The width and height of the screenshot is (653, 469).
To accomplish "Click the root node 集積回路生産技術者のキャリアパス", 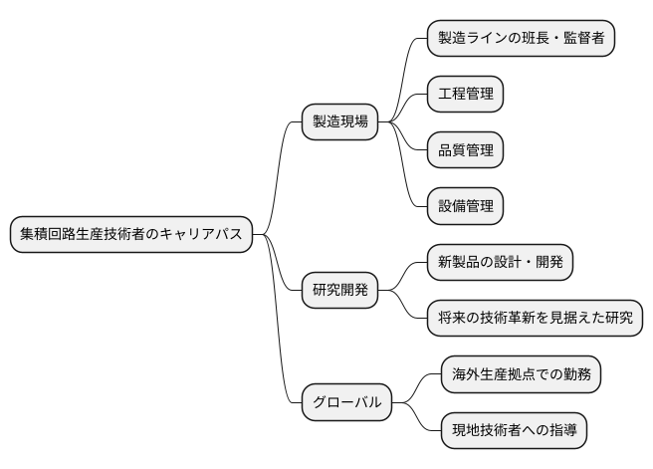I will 130,234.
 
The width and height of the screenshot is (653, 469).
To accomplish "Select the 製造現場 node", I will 340,121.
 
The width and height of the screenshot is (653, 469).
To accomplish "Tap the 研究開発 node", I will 340,291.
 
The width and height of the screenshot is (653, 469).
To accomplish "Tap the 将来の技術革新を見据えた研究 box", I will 535,319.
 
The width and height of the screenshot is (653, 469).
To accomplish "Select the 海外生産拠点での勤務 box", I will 521,375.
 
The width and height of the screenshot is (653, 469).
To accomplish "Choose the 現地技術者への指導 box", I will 514,431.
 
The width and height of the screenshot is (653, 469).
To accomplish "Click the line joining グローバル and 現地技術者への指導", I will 418,421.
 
